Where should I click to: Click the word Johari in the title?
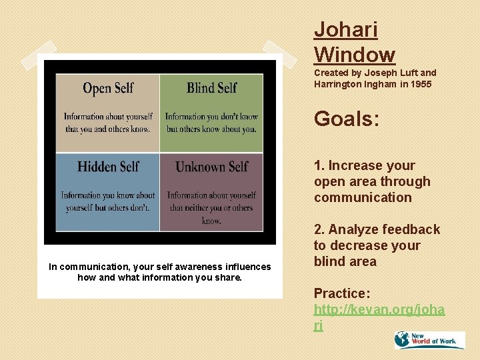346,30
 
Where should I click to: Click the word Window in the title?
355,54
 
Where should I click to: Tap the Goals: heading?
347,119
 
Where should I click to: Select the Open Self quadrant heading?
108,88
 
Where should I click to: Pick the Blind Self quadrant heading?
211,88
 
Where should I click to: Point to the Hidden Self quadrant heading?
108,167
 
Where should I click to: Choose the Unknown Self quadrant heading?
211,167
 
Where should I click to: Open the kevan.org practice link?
380,317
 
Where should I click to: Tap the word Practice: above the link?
342,293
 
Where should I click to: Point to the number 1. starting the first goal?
320,166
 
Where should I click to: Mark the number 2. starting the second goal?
320,230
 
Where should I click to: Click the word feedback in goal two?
412,230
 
